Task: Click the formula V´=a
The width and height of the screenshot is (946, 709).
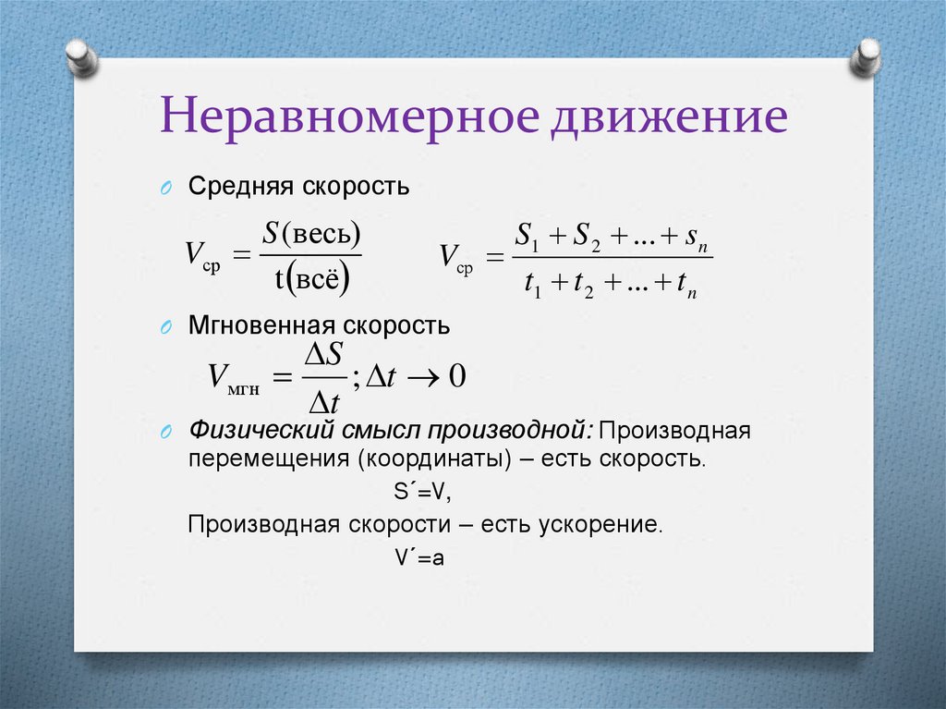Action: coord(419,557)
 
